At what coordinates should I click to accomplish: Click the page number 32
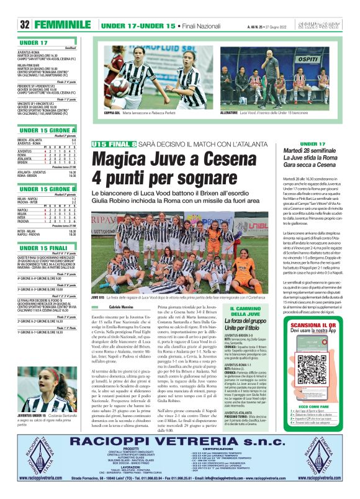[25, 25]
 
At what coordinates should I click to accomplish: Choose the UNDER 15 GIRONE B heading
[47, 189]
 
